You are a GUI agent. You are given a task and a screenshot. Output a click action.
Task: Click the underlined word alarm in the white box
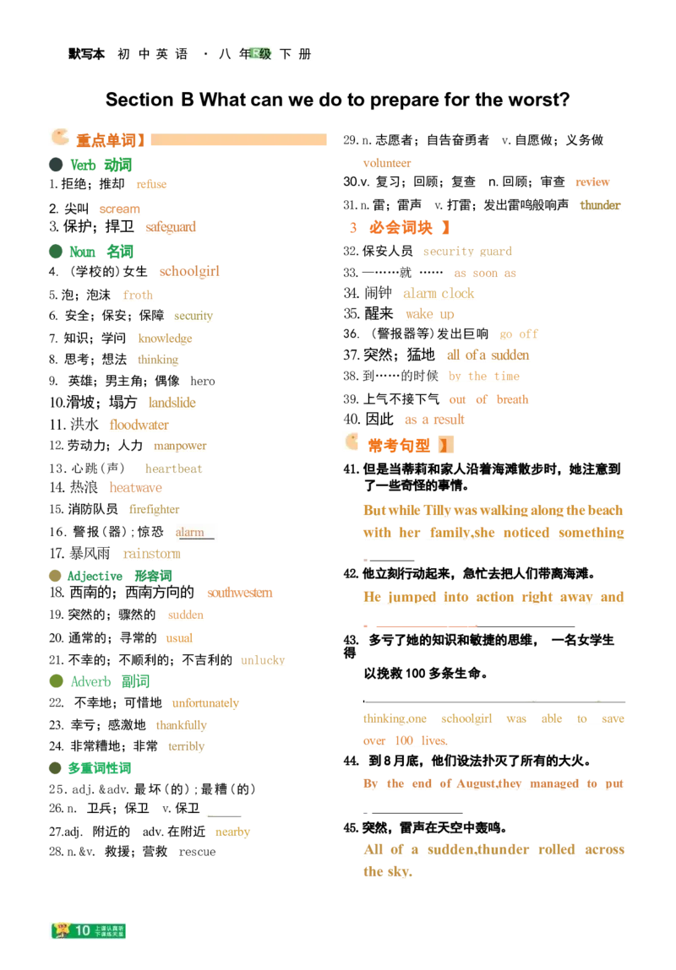pyautogui.click(x=190, y=533)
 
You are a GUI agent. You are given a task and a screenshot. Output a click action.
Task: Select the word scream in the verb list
pyautogui.click(x=118, y=209)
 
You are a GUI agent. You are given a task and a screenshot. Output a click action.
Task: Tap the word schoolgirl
pyautogui.click(x=189, y=272)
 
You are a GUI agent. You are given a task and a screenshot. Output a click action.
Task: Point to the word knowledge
pyautogui.click(x=165, y=339)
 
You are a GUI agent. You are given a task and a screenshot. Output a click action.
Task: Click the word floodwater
pyautogui.click(x=139, y=425)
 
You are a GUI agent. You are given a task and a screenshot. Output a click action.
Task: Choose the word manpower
pyautogui.click(x=178, y=445)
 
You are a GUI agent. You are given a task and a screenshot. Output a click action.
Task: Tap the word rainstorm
pyautogui.click(x=151, y=555)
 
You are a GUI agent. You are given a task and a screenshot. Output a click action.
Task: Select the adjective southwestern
pyautogui.click(x=239, y=593)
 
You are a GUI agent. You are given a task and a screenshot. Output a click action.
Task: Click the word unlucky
pyautogui.click(x=263, y=660)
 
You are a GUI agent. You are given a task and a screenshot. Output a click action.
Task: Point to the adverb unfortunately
pyautogui.click(x=205, y=702)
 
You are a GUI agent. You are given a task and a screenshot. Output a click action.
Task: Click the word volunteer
pyautogui.click(x=385, y=163)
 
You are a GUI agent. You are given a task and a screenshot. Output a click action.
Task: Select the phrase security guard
pyautogui.click(x=466, y=252)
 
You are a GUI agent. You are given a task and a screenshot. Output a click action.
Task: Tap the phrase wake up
pyautogui.click(x=430, y=315)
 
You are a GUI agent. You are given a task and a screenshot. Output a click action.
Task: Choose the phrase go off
pyautogui.click(x=519, y=334)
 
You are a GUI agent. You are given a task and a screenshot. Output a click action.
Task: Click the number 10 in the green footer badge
pyautogui.click(x=82, y=930)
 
